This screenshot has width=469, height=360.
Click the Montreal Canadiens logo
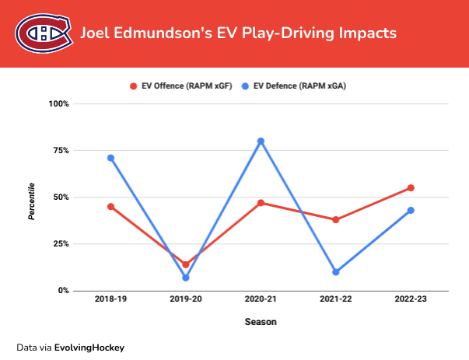click(x=44, y=33)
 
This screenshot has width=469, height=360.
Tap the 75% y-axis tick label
click(x=61, y=150)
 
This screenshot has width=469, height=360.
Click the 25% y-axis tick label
click(x=61, y=243)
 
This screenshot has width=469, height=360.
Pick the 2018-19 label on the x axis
click(x=110, y=299)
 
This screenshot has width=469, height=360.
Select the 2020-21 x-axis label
click(x=261, y=299)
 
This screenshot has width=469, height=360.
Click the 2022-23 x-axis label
click(x=411, y=299)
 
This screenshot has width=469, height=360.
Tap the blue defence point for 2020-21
click(x=261, y=141)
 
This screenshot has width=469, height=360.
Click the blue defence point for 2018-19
click(x=110, y=158)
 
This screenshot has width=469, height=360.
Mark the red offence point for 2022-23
click(x=411, y=187)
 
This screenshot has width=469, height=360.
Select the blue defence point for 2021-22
click(x=336, y=272)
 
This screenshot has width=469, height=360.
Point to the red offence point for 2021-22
click(x=336, y=219)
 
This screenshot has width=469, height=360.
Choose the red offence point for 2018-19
click(x=110, y=206)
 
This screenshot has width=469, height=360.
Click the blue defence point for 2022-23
click(x=411, y=210)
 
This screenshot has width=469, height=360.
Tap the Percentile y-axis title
click(x=32, y=201)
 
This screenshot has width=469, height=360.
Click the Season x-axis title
click(x=261, y=320)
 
